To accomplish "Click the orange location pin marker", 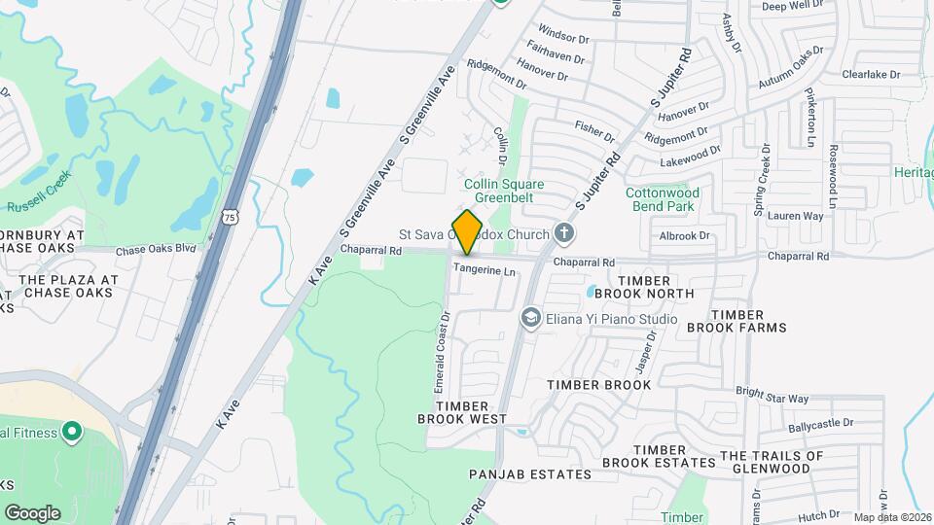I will pyautogui.click(x=467, y=231).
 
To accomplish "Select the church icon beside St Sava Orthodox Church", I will pyautogui.click(x=563, y=233).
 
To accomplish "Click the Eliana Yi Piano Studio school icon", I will pyautogui.click(x=530, y=317).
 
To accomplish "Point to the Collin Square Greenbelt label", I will pyautogui.click(x=503, y=191).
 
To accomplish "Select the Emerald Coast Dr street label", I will pyautogui.click(x=443, y=352).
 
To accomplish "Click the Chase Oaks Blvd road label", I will pyautogui.click(x=156, y=250).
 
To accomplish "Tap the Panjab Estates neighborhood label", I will pyautogui.click(x=529, y=474).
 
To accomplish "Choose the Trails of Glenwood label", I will pyautogui.click(x=772, y=462).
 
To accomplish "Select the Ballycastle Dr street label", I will pyautogui.click(x=821, y=423).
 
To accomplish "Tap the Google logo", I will pyautogui.click(x=32, y=512).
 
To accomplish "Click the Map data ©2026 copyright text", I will pyautogui.click(x=892, y=517).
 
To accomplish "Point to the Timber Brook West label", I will pyautogui.click(x=462, y=412).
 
